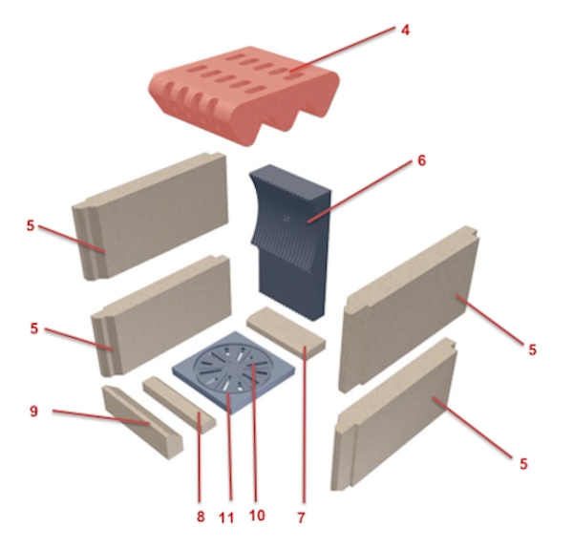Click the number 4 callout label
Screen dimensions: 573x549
point(405,30)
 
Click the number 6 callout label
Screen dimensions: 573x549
point(421,160)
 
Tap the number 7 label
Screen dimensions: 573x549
point(301,517)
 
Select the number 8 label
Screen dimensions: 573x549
point(201,517)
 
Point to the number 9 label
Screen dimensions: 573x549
point(33,412)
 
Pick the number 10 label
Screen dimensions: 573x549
point(257,516)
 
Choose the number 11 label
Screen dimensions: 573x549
point(226,517)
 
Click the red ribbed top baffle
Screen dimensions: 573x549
point(244,95)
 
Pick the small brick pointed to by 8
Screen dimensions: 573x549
point(180,404)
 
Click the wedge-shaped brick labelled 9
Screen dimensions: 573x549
point(142,422)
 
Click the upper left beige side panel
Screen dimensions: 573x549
point(150,216)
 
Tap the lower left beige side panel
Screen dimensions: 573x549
point(161,316)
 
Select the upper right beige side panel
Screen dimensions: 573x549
point(409,308)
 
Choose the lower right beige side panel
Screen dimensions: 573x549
point(393,413)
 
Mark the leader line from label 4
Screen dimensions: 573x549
point(343,48)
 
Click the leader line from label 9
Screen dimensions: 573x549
point(101,417)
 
